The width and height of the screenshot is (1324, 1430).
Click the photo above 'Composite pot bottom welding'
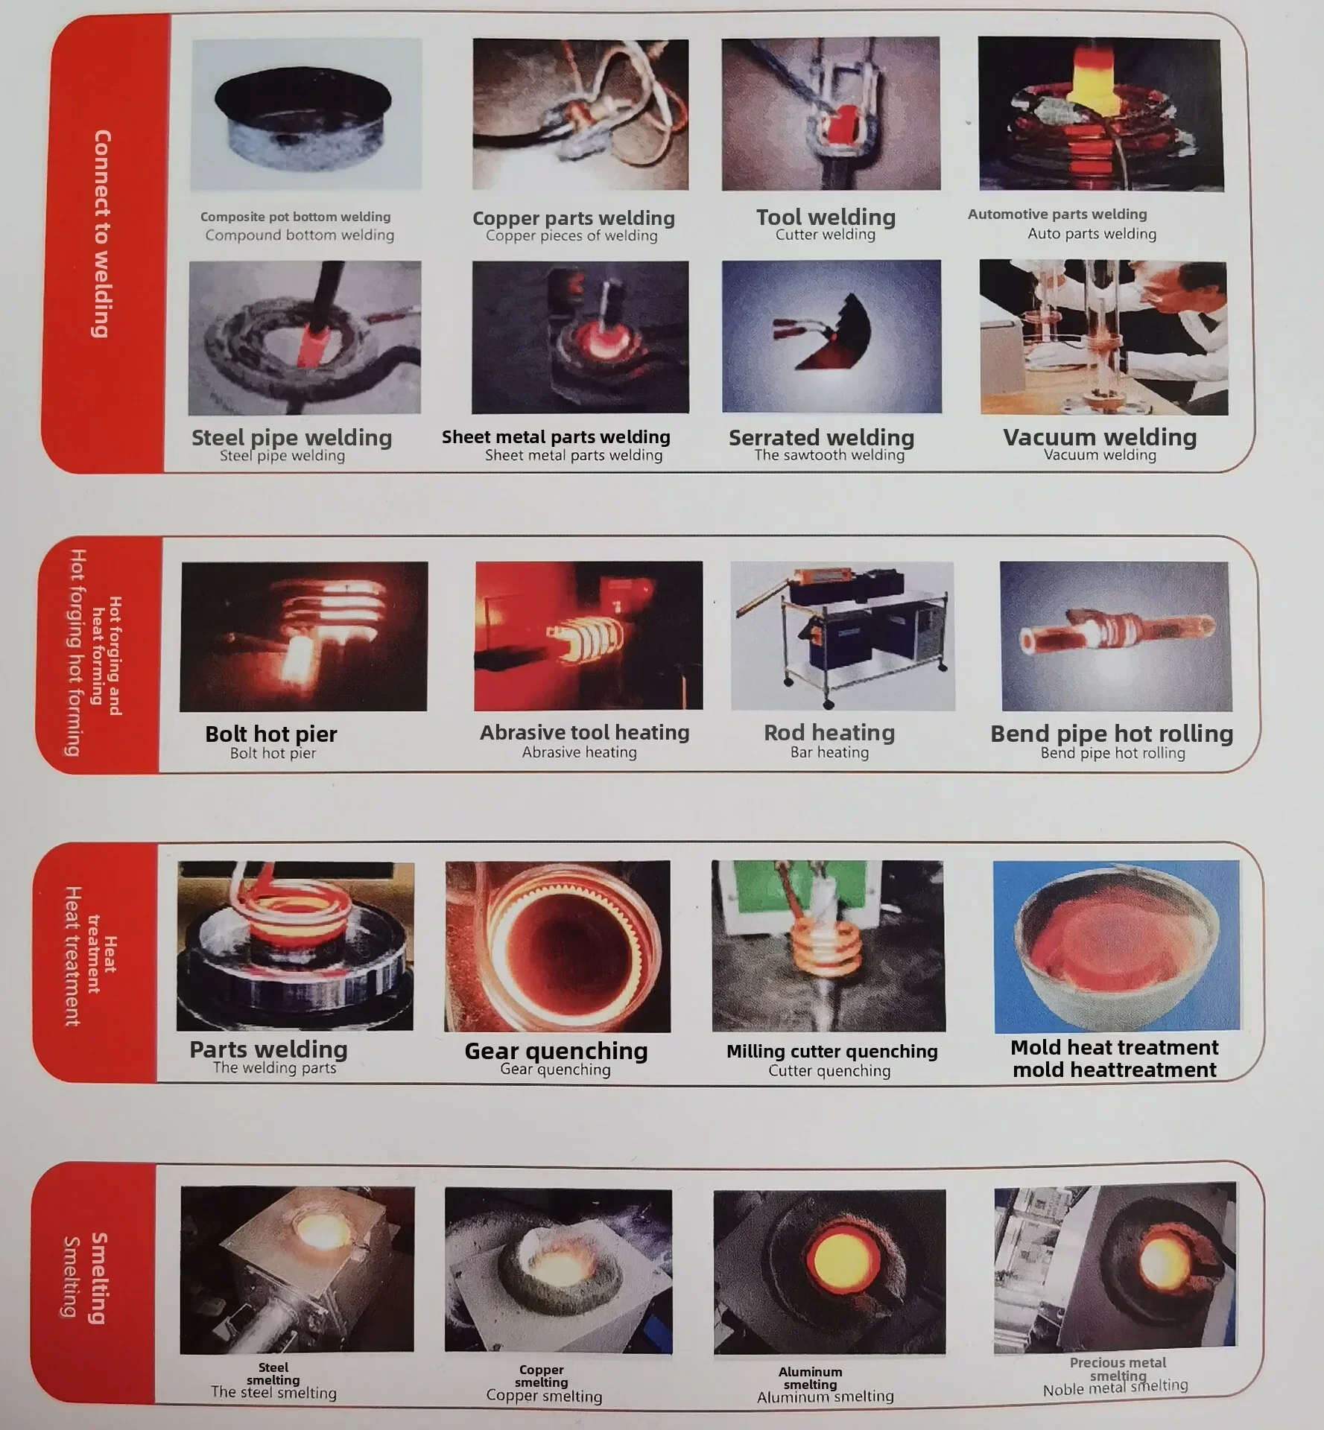306,114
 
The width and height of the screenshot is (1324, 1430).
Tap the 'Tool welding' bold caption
826,217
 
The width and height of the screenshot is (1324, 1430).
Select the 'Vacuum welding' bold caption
1100,437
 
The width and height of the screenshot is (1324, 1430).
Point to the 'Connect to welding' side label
102,234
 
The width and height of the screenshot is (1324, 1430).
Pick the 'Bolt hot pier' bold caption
271,734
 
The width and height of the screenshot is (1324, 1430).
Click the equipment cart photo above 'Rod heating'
843,636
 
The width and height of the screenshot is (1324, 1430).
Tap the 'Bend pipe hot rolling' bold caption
1112,734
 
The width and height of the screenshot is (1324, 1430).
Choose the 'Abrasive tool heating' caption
585,733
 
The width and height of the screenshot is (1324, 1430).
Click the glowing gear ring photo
557,946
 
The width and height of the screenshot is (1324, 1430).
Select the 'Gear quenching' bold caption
556,1051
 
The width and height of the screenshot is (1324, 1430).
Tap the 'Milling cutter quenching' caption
832,1052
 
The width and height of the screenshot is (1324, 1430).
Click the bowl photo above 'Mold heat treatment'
1117,946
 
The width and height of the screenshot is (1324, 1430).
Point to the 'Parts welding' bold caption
268,1049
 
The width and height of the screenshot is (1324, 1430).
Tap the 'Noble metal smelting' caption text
1115,1387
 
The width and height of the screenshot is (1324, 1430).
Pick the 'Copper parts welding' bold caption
574,218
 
